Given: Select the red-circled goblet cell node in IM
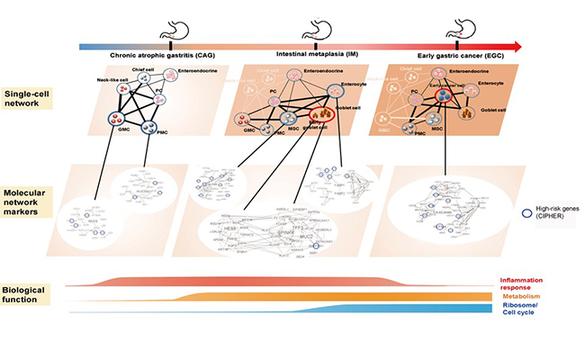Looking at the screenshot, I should (x=320, y=114).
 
